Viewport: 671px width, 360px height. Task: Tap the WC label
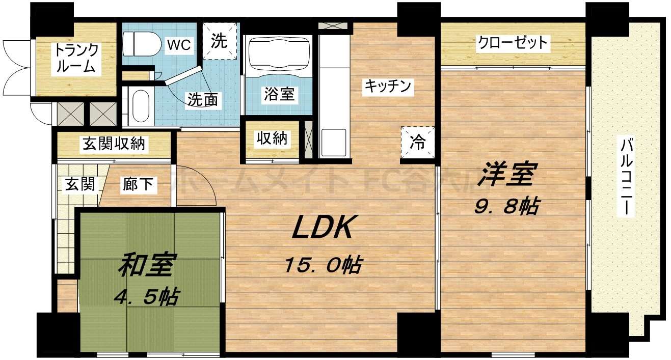(179, 45)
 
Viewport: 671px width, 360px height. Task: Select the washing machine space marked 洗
(220, 41)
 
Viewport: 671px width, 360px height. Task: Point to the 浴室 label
(279, 94)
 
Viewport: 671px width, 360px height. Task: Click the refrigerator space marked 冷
(417, 143)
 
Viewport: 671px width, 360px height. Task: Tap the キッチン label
(387, 87)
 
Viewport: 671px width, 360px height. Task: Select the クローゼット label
(512, 43)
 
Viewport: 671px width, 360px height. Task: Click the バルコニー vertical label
(626, 177)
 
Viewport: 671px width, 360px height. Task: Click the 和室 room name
(147, 265)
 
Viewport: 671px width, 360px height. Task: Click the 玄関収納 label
(114, 144)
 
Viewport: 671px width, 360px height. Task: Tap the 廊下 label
(137, 184)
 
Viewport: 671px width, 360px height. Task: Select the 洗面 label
(203, 100)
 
